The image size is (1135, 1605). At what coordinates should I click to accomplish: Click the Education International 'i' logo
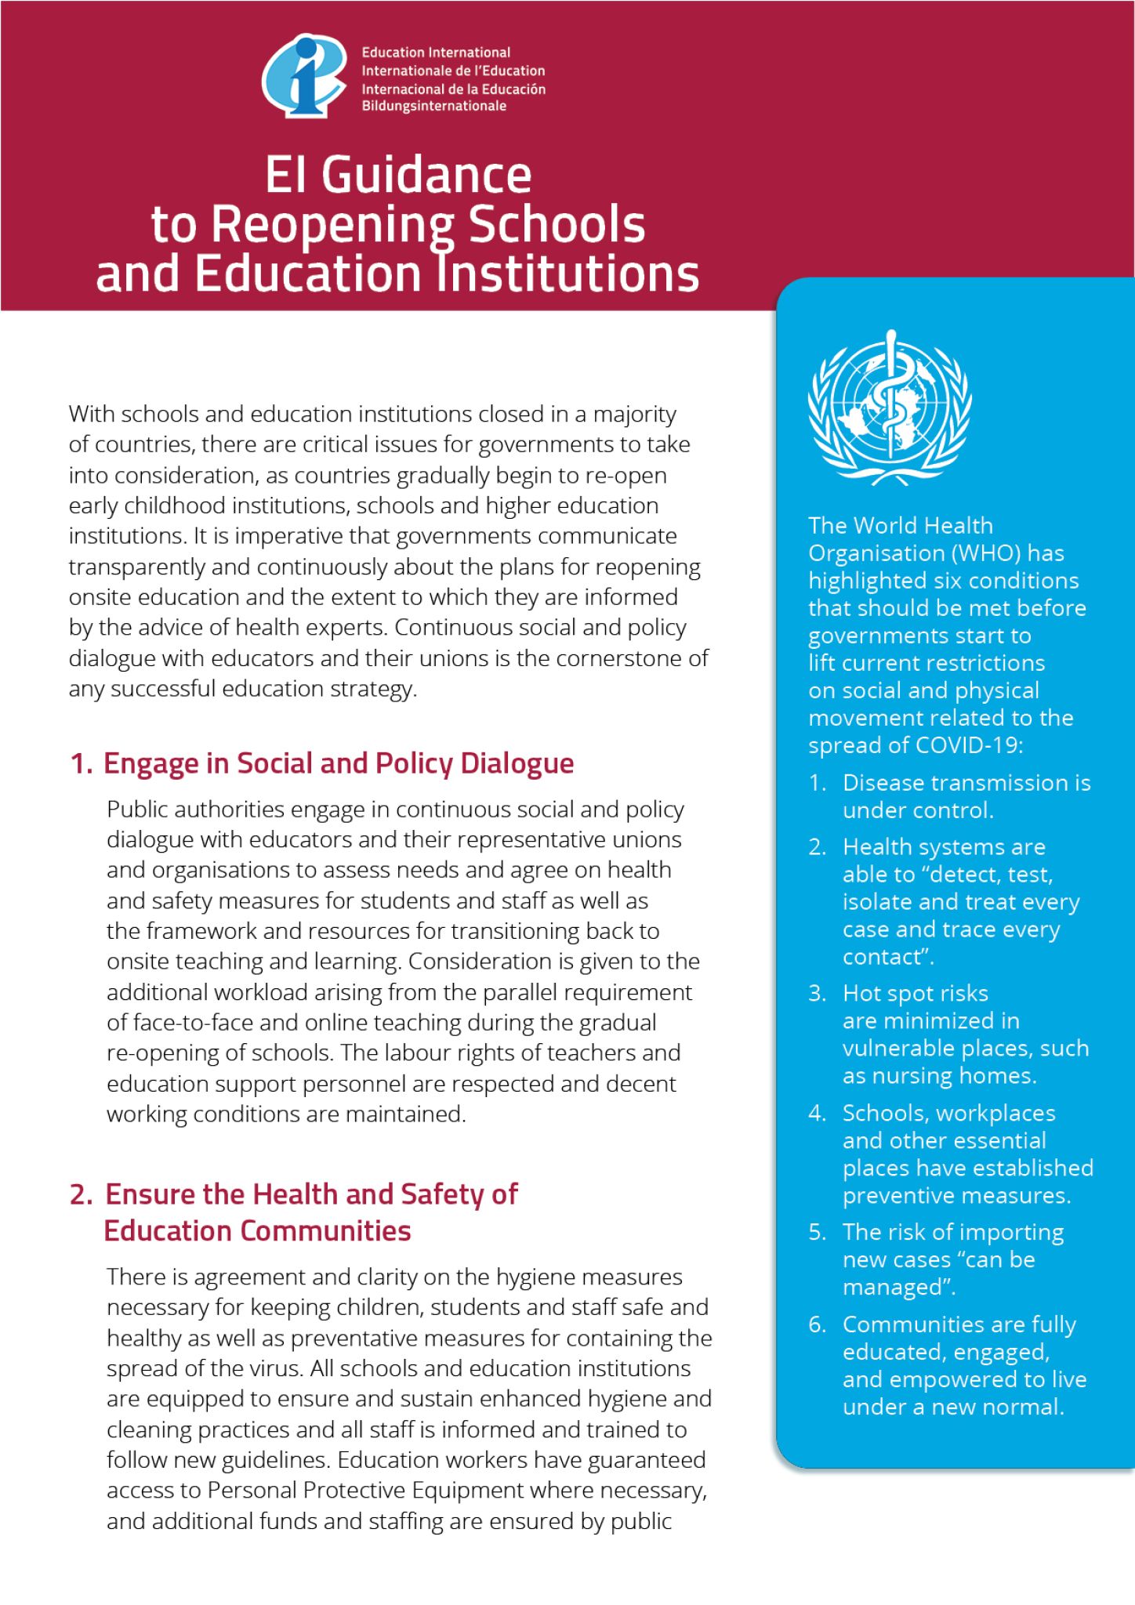[304, 75]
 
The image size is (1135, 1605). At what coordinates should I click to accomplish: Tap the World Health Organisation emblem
[890, 406]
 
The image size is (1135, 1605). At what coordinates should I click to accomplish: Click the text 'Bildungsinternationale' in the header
[433, 106]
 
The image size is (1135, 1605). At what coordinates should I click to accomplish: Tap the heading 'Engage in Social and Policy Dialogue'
[339, 763]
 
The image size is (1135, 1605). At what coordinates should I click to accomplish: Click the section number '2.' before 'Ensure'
[82, 1194]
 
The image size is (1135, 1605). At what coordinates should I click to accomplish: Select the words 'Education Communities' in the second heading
[257, 1231]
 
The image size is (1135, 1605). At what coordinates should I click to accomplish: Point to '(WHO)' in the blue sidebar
[986, 553]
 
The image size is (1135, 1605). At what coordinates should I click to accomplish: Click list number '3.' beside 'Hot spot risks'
[817, 994]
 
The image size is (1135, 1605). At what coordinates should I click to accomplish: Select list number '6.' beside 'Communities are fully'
[817, 1324]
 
